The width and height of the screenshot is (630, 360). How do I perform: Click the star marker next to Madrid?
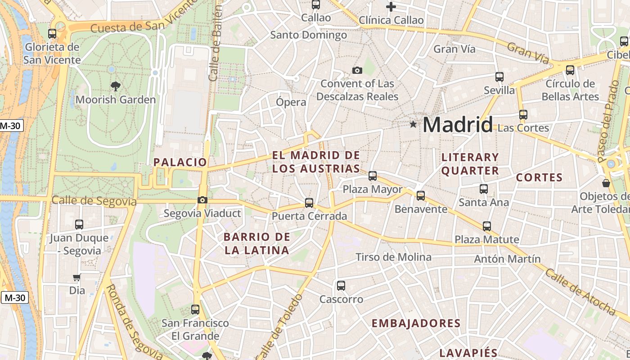(413, 124)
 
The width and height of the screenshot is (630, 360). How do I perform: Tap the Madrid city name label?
(458, 124)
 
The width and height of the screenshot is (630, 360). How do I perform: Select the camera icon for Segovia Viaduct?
(202, 200)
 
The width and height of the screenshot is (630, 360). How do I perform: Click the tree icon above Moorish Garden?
(116, 86)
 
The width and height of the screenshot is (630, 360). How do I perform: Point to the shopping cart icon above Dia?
(77, 278)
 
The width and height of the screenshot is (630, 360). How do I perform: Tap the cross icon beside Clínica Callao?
(391, 6)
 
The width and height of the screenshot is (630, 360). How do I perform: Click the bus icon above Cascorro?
(341, 285)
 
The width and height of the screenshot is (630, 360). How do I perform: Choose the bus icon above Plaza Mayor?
(373, 175)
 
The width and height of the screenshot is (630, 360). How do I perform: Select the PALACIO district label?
(180, 162)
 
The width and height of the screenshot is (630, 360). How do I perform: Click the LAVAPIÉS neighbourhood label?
(468, 353)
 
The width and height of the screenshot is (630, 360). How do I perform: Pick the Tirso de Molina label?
(393, 257)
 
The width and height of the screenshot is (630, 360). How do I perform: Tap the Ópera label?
(291, 102)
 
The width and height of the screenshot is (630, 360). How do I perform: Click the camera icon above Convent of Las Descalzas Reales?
(357, 70)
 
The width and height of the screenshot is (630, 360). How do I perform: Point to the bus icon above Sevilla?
(499, 76)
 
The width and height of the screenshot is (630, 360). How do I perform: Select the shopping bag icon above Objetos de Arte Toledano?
(606, 183)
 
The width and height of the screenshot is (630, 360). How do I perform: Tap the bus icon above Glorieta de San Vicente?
(52, 33)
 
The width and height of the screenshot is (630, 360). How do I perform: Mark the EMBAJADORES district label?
(416, 323)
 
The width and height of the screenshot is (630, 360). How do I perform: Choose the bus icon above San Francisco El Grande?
(195, 309)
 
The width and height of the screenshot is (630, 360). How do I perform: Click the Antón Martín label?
(507, 259)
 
